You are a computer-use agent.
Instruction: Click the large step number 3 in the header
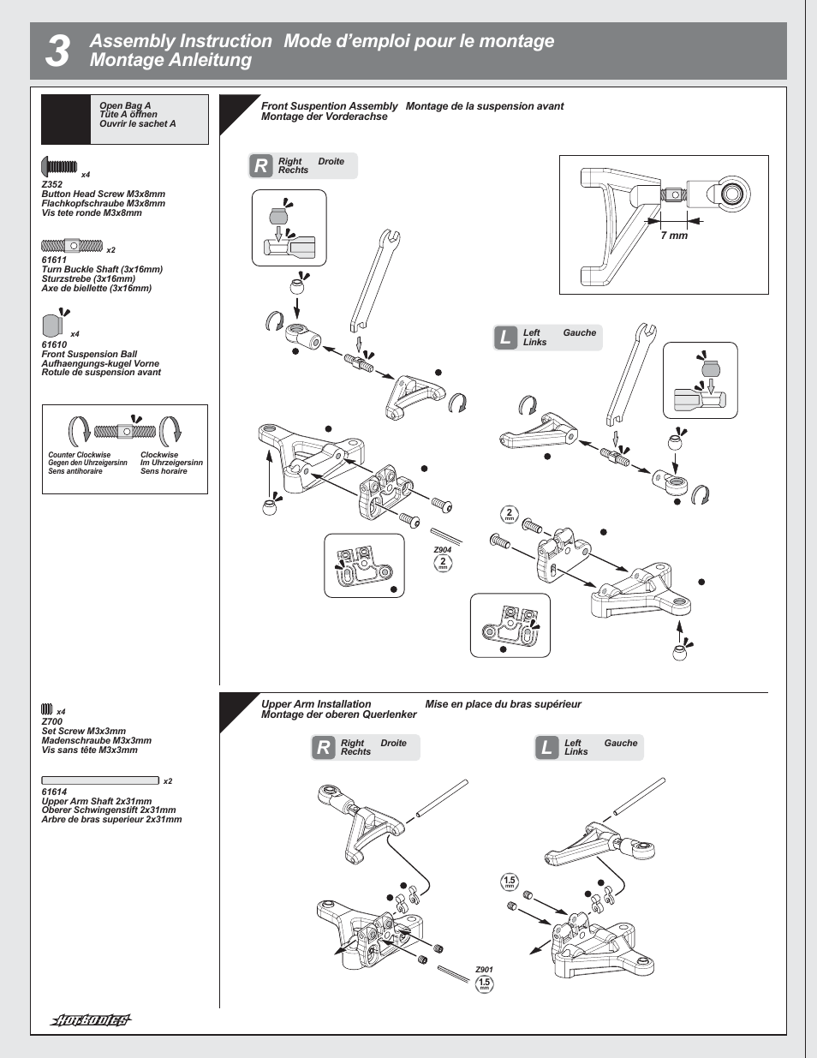click(57, 51)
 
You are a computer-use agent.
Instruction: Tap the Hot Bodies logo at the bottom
click(91, 1019)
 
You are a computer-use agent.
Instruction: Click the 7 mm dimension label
click(674, 236)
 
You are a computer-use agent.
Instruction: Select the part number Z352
click(52, 184)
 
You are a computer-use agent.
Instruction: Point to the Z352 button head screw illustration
click(60, 165)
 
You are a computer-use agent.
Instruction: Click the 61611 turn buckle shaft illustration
click(72, 246)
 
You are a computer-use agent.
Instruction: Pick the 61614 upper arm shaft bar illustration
click(100, 780)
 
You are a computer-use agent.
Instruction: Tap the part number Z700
click(52, 721)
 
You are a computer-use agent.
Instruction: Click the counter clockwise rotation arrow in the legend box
click(79, 431)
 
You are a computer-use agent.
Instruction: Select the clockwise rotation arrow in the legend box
click(171, 431)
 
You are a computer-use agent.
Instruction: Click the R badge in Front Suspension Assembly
click(260, 166)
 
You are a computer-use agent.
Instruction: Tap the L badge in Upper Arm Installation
click(546, 748)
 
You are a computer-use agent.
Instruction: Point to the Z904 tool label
click(442, 550)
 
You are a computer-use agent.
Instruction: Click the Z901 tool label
click(484, 970)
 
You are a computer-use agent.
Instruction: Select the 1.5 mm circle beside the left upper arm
click(510, 882)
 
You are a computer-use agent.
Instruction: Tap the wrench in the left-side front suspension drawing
click(629, 374)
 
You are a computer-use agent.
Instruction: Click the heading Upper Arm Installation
click(316, 704)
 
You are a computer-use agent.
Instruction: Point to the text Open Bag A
click(125, 106)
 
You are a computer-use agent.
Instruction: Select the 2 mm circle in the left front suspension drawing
click(509, 514)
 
